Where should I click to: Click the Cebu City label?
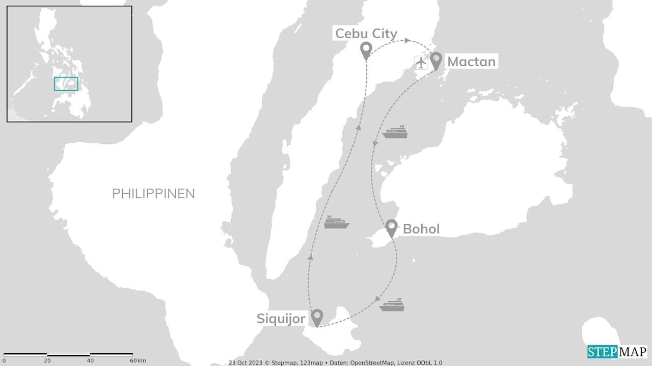[366, 34]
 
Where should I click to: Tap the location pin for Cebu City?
[366, 50]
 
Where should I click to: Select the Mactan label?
[471, 62]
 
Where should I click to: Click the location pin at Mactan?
[436, 60]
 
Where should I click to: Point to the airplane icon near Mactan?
[421, 63]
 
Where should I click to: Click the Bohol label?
[421, 229]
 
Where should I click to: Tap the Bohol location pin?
[391, 227]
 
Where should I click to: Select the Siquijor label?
[281, 319]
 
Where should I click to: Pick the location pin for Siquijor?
[317, 317]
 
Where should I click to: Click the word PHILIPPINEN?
[153, 194]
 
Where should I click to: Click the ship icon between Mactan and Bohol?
[396, 132]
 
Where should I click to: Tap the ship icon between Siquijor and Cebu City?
[337, 222]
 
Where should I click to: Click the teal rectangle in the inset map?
[66, 84]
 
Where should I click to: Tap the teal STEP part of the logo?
[602, 352]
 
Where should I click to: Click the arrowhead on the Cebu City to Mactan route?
[407, 40]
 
